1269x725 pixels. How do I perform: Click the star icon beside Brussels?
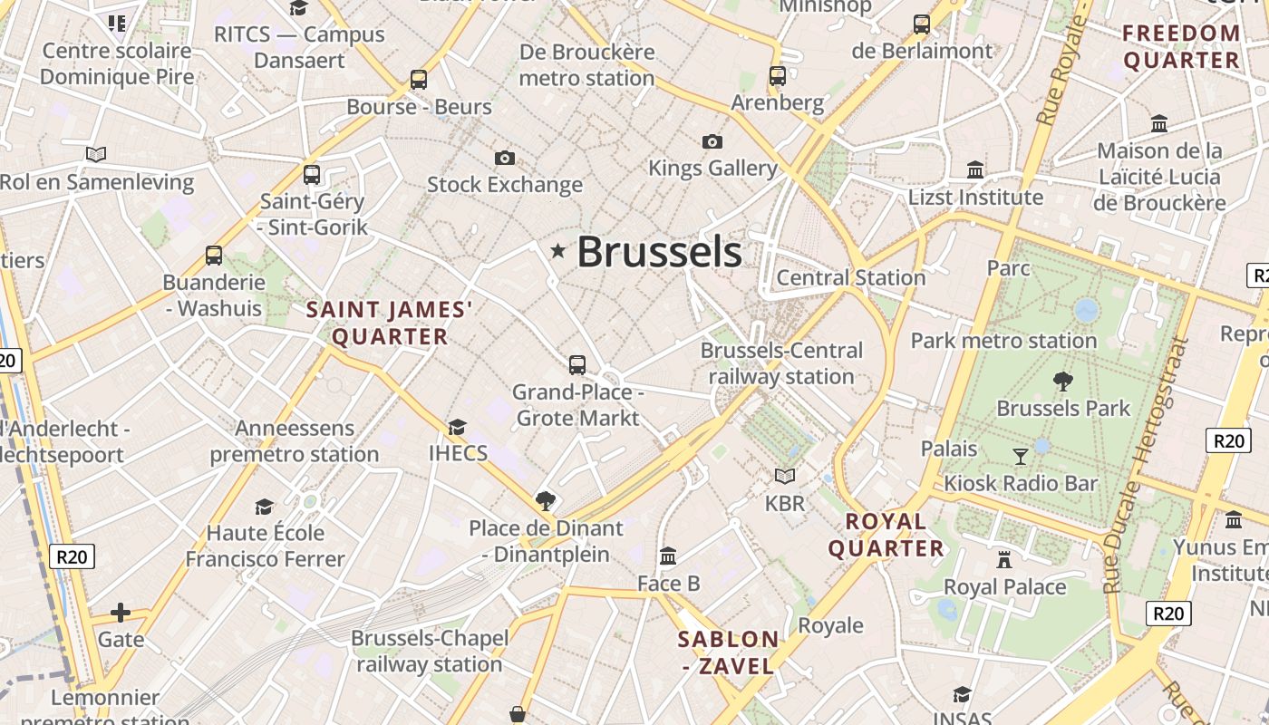pyautogui.click(x=557, y=251)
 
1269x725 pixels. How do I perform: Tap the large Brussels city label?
pyautogui.click(x=659, y=252)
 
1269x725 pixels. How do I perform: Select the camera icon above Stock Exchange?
pyautogui.click(x=505, y=159)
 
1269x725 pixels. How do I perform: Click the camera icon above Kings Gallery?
pyautogui.click(x=712, y=141)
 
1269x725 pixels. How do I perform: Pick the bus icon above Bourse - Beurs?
pyautogui.click(x=418, y=80)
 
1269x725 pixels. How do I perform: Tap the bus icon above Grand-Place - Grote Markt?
pyautogui.click(x=577, y=365)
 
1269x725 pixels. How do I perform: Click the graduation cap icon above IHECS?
pyautogui.click(x=457, y=427)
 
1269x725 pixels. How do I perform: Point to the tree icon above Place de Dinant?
pyautogui.click(x=545, y=500)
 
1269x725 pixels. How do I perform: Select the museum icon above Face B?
pyautogui.click(x=668, y=556)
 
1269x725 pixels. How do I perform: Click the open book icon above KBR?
pyautogui.click(x=784, y=476)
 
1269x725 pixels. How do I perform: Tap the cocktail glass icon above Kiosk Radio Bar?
pyautogui.click(x=1021, y=456)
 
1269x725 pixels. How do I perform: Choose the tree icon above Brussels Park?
pyautogui.click(x=1063, y=381)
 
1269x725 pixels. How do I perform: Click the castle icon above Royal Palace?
pyautogui.click(x=1004, y=559)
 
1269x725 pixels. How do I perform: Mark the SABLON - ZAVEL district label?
pyautogui.click(x=728, y=652)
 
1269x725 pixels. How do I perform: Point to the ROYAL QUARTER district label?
pyautogui.click(x=886, y=535)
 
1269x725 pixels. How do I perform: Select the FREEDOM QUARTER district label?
pyautogui.click(x=1181, y=47)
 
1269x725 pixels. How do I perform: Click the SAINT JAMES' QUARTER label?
pyautogui.click(x=390, y=324)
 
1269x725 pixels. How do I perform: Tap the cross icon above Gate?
pyautogui.click(x=121, y=613)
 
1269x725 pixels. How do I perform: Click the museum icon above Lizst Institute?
pyautogui.click(x=975, y=169)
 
